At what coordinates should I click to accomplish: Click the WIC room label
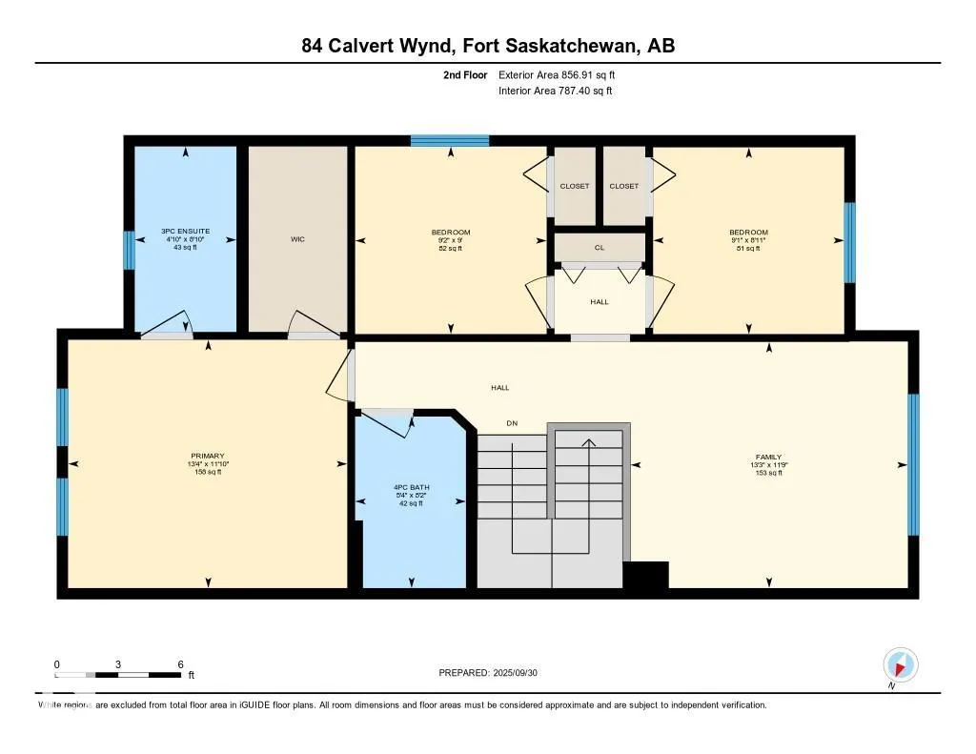click(297, 239)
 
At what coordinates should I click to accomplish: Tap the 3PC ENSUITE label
click(185, 231)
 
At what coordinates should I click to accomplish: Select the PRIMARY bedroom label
click(207, 456)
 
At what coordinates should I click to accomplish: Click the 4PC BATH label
click(412, 487)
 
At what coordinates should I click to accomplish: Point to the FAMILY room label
click(768, 457)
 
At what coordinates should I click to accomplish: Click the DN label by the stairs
click(512, 423)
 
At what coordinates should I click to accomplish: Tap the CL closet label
click(600, 247)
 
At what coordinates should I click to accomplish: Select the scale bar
click(118, 675)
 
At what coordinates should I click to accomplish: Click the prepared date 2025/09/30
click(495, 673)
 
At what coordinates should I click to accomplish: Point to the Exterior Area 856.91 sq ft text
click(563, 74)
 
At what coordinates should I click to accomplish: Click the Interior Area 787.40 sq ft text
click(555, 92)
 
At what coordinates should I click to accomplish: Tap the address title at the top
click(488, 46)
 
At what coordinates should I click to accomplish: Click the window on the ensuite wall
click(129, 251)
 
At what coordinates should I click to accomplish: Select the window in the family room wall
click(913, 464)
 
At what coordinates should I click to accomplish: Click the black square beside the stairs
click(645, 575)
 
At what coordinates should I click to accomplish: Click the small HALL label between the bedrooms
click(600, 302)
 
